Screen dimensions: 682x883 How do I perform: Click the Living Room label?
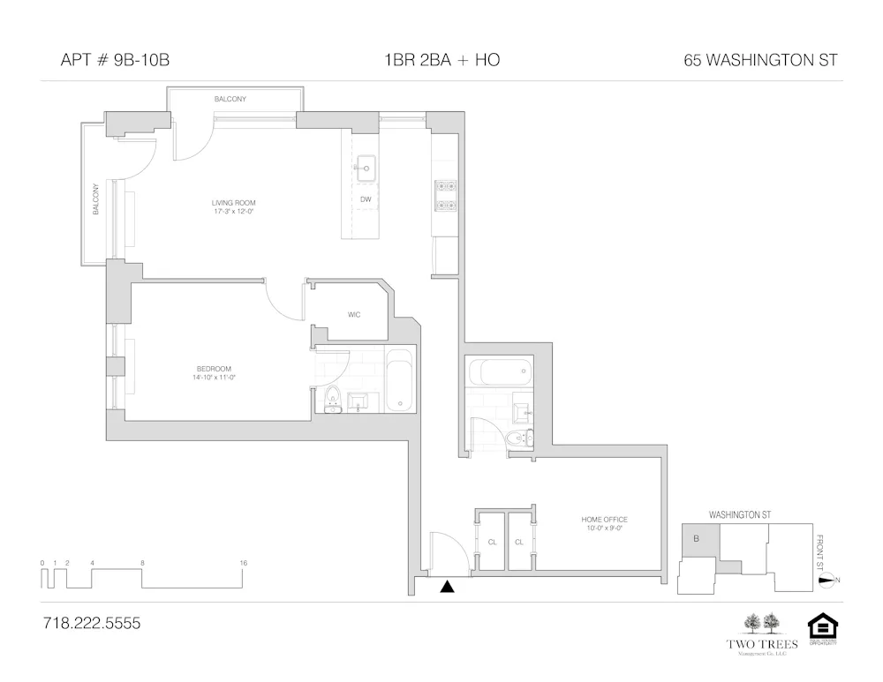tap(233, 207)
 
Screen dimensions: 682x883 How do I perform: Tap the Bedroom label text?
tap(214, 372)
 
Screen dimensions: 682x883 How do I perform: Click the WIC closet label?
tap(353, 314)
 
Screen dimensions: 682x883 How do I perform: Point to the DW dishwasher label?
tap(365, 199)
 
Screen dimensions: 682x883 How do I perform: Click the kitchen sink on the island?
tap(365, 167)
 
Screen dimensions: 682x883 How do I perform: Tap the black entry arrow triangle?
tap(448, 586)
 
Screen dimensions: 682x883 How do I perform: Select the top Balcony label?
tap(230, 100)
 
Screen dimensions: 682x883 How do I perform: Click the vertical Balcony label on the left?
tap(95, 199)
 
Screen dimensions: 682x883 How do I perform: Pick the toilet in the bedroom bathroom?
tap(334, 400)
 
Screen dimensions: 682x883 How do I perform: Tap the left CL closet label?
tap(492, 543)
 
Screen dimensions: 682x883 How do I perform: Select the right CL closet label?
tap(519, 543)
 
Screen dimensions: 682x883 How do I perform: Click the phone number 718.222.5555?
tap(91, 623)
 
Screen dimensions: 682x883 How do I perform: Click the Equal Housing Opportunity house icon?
tap(822, 627)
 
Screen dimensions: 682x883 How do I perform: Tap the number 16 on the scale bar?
tap(243, 563)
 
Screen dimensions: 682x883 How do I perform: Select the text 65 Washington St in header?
tap(760, 61)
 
